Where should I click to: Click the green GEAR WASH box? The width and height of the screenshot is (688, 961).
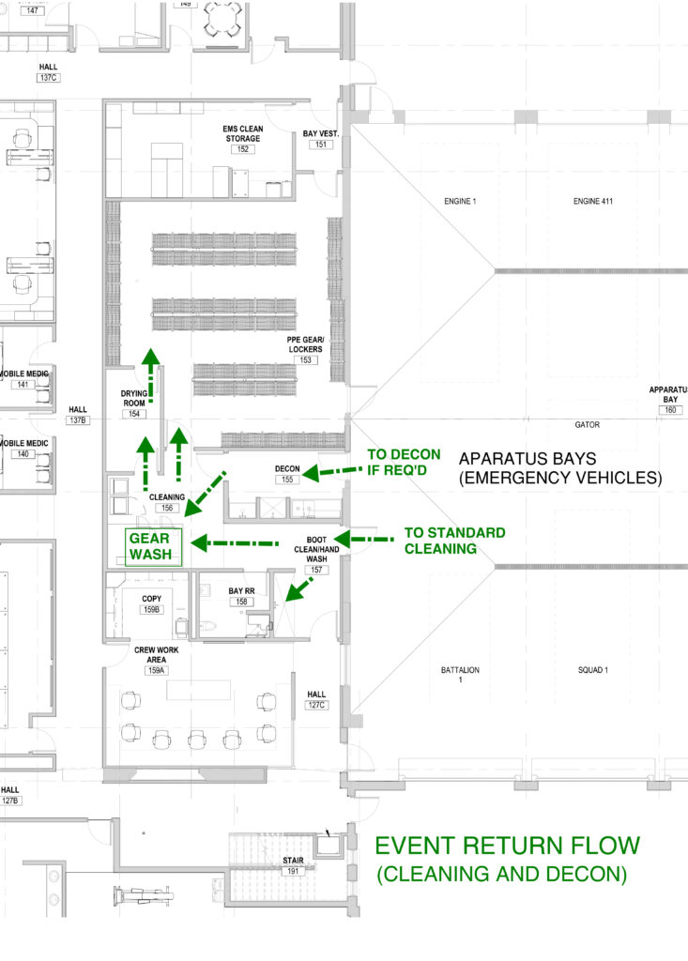tap(148, 545)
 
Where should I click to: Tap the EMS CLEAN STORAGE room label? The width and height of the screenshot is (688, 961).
tap(242, 132)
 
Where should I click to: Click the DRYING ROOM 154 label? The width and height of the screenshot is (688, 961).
tap(136, 400)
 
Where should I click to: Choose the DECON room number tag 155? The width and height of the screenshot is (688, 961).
tap(286, 480)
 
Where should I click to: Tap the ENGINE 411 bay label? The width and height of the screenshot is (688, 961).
tap(591, 202)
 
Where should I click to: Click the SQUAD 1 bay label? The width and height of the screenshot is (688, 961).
tap(593, 670)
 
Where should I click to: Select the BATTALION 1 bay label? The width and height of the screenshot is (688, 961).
tap(460, 675)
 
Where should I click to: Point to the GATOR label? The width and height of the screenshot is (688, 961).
tap(588, 425)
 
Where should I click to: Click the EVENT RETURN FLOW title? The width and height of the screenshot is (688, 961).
tap(507, 846)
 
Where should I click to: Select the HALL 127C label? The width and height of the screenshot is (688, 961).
tap(316, 700)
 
